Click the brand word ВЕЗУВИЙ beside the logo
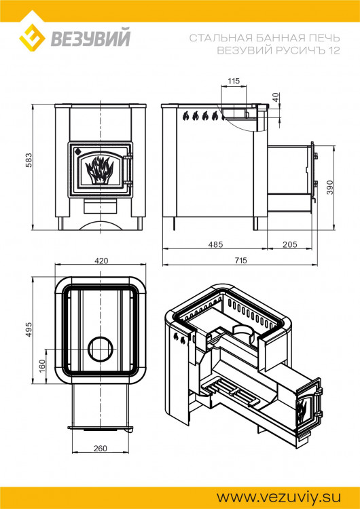coord(88,40)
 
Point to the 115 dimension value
coord(234,81)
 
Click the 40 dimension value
coord(275,97)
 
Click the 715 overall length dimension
coord(240,261)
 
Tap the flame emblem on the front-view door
coord(101,170)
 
